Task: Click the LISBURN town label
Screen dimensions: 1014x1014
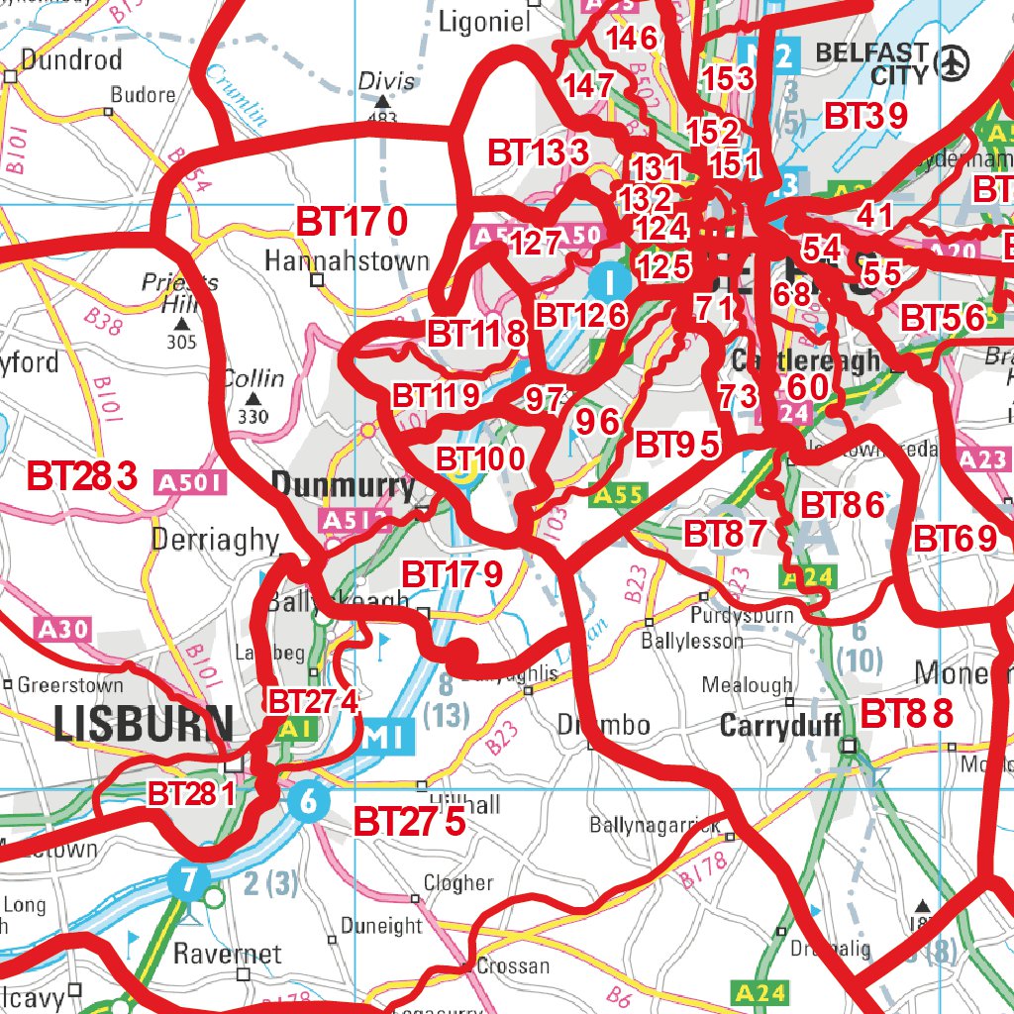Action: pos(144,724)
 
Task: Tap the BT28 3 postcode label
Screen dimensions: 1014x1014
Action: pos(82,475)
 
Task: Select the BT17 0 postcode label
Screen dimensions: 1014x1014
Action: pos(352,222)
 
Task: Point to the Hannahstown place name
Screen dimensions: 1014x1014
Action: pos(347,261)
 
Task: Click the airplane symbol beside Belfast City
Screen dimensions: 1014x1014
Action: pos(954,62)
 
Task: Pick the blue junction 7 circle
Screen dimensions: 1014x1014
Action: pos(188,877)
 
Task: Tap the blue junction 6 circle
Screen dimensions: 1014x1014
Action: pos(308,800)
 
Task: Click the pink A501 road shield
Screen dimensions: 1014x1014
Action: pos(191,483)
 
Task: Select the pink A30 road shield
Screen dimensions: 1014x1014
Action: pos(64,628)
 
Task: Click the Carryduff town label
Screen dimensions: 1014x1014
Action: pos(780,726)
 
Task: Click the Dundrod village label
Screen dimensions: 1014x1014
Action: pos(70,59)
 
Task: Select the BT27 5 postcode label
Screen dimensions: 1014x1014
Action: pos(409,821)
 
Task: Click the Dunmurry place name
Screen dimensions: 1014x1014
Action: pos(343,485)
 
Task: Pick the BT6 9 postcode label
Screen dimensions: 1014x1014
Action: pos(956,540)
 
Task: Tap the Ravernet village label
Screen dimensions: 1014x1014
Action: pos(227,954)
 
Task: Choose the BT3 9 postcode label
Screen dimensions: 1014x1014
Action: pos(865,116)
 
